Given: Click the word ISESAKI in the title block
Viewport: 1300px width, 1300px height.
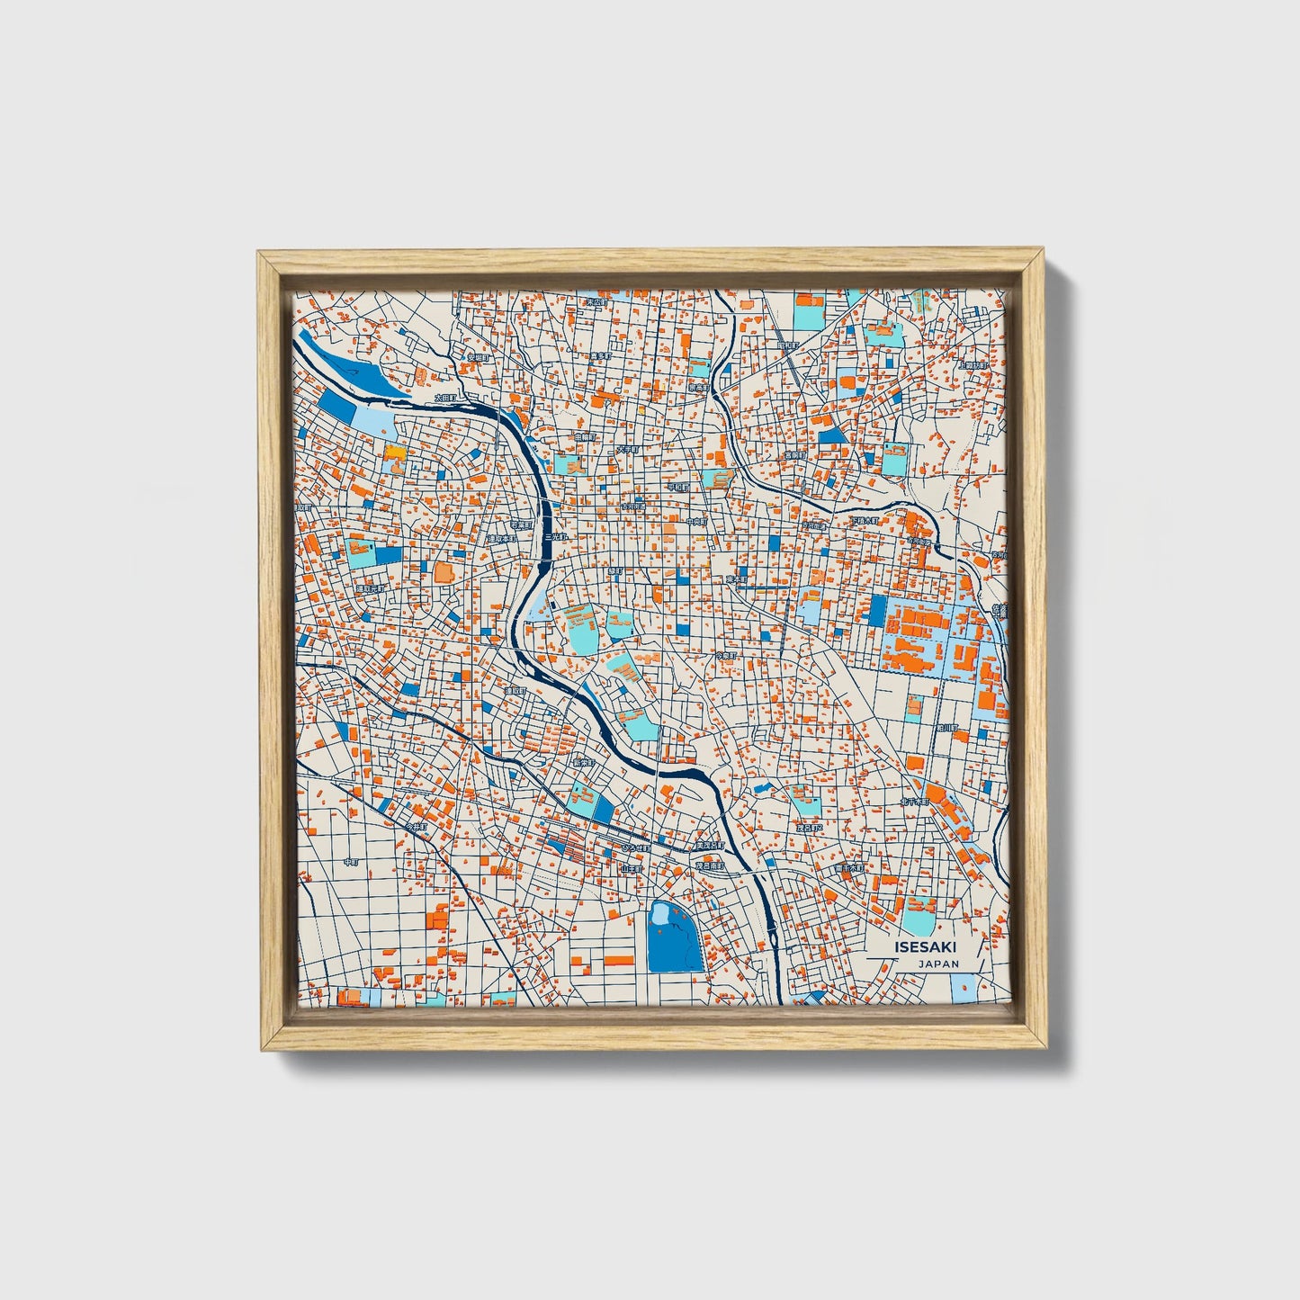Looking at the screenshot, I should click(926, 947).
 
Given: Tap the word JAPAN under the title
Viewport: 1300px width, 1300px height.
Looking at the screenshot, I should click(938, 964).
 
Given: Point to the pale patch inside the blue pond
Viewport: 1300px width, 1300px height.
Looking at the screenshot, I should click(661, 914).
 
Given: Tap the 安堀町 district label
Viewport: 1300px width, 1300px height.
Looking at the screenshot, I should click(477, 357).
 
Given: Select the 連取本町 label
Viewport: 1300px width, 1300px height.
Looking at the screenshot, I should click(500, 539).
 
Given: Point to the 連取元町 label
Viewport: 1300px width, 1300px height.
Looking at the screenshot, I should click(369, 589).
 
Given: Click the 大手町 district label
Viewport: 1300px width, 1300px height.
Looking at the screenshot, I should click(627, 448).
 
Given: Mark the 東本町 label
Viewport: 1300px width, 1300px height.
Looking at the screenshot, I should click(737, 580).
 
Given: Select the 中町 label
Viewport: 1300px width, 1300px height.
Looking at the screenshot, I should click(352, 862).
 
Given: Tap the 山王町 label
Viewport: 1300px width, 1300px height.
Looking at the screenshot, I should click(631, 869).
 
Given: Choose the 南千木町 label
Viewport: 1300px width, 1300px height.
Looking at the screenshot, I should click(847, 869).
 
